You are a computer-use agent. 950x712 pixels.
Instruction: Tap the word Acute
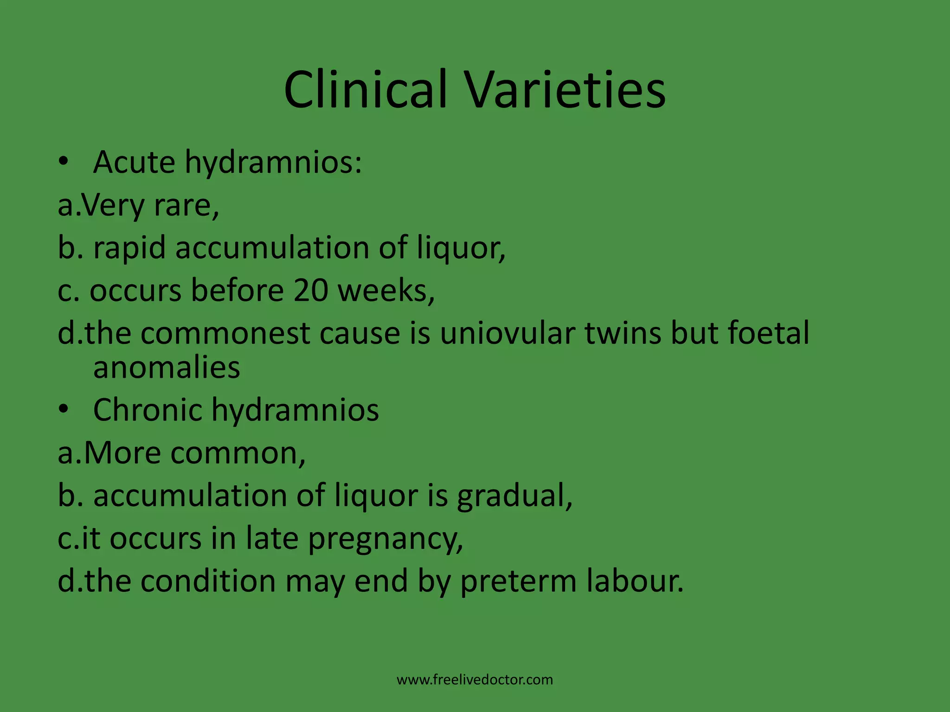pyautogui.click(x=134, y=163)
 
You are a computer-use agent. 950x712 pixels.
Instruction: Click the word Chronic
pyautogui.click(x=148, y=410)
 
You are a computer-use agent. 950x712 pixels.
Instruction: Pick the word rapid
pyautogui.click(x=129, y=248)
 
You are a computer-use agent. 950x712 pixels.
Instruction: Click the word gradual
pyautogui.click(x=514, y=496)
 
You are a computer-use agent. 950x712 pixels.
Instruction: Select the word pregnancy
pyautogui.click(x=385, y=539)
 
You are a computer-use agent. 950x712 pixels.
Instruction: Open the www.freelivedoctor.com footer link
pyautogui.click(x=475, y=680)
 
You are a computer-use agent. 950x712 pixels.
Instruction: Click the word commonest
pyautogui.click(x=225, y=333)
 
